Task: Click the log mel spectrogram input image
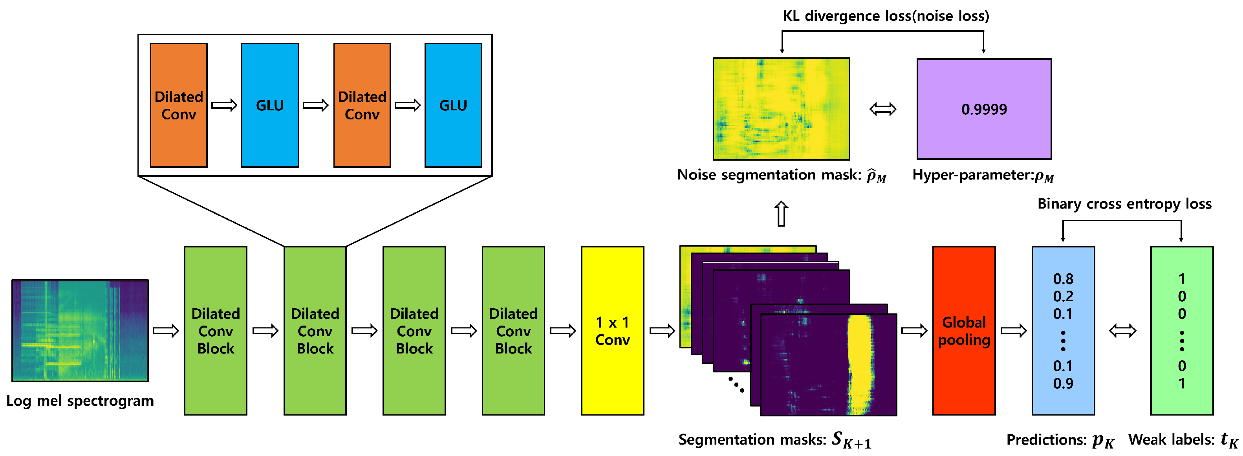pos(80,331)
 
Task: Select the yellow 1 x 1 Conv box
pos(612,331)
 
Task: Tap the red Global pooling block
pos(964,331)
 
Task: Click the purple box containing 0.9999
pos(984,109)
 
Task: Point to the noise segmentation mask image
pos(781,109)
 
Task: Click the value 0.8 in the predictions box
pos(1063,279)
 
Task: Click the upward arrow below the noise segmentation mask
pos(781,214)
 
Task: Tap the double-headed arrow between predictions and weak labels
pos(1122,331)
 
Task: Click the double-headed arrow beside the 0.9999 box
pos(882,109)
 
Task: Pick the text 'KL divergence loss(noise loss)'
pos(886,16)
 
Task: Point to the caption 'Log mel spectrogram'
pos(80,401)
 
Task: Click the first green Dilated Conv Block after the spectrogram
pos(216,331)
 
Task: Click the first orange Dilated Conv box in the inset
pos(179,105)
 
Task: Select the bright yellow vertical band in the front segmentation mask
pos(860,364)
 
